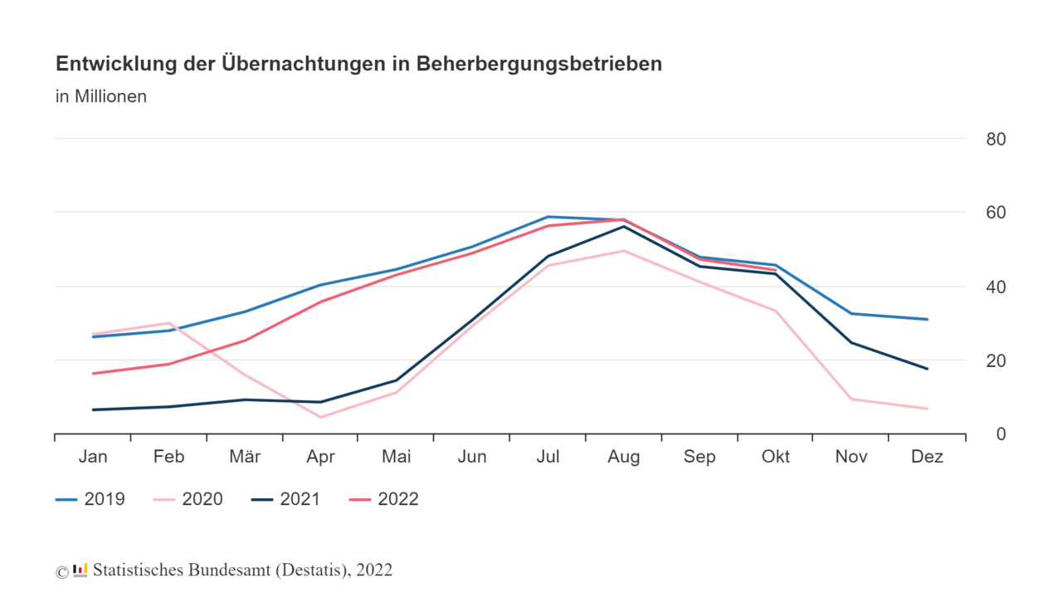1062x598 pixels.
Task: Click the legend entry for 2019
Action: pos(90,499)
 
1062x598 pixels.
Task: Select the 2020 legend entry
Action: pos(188,499)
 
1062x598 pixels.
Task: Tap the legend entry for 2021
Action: pos(285,499)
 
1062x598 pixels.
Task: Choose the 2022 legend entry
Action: pos(383,499)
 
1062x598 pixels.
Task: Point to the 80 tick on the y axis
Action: pos(996,139)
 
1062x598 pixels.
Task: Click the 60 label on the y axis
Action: pos(996,213)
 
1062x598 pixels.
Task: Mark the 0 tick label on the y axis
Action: pos(1001,434)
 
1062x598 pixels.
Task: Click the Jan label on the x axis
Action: pos(93,457)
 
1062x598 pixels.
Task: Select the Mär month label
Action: pos(245,457)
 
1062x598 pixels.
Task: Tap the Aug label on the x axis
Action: pos(624,457)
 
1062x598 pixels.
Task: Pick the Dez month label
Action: pos(928,457)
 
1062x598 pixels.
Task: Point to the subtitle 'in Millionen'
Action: pos(101,96)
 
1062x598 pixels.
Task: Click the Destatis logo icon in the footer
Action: pos(80,570)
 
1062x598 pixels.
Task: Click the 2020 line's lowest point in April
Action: pos(320,417)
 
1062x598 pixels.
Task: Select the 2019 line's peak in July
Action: pos(548,217)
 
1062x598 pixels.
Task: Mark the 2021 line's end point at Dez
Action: pos(928,369)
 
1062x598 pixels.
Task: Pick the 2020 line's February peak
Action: pos(168,323)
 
